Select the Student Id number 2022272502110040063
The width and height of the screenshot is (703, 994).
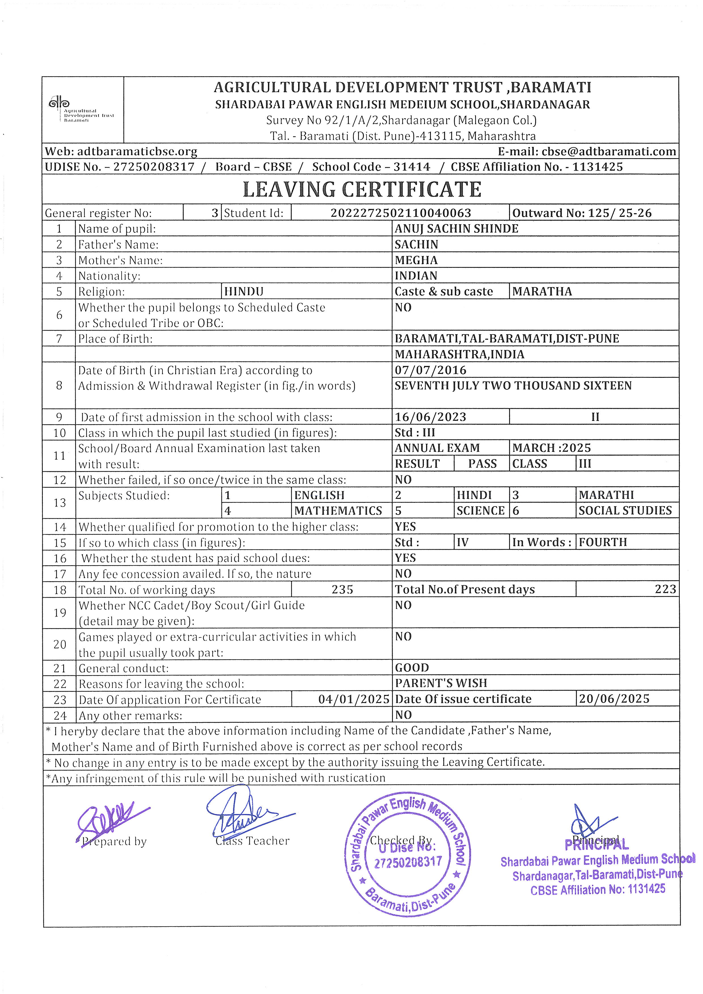pyautogui.click(x=401, y=213)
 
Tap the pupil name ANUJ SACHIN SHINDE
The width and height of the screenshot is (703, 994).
pyautogui.click(x=456, y=228)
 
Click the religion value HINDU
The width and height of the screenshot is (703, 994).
pyautogui.click(x=244, y=292)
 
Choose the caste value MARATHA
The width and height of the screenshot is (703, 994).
pyautogui.click(x=542, y=291)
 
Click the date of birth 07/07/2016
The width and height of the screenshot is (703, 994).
pyautogui.click(x=430, y=370)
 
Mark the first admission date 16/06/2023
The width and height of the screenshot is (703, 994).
pyautogui.click(x=430, y=417)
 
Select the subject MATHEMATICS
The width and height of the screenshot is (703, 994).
pyautogui.click(x=338, y=511)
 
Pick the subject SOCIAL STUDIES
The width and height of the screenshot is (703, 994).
pyautogui.click(x=625, y=510)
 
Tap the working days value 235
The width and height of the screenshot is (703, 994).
pyautogui.click(x=342, y=589)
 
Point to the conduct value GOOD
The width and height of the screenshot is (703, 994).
pyautogui.click(x=412, y=667)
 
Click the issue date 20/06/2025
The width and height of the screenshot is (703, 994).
pyautogui.click(x=614, y=699)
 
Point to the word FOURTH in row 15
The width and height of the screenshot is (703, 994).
pyautogui.click(x=603, y=542)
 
